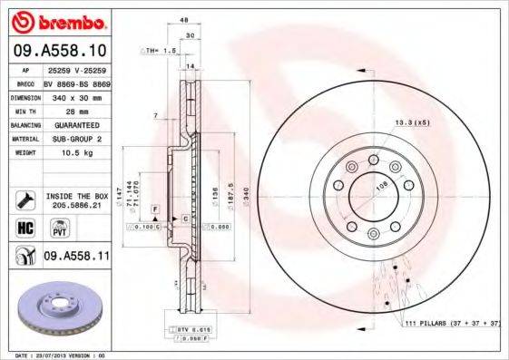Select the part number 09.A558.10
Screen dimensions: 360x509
(x=59, y=51)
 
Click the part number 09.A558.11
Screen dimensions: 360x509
(x=77, y=258)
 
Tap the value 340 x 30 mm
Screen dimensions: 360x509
(x=76, y=96)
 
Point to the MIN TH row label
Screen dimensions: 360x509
(x=25, y=109)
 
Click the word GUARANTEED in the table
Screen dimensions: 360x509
(x=76, y=123)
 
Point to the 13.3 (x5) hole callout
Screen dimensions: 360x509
(x=411, y=121)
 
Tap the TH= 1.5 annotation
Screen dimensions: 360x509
(x=158, y=51)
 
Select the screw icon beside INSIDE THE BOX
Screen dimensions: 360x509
(x=25, y=197)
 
